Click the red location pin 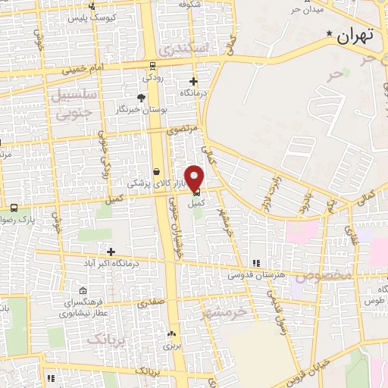point(195,177)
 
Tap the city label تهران point(356,36)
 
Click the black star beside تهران point(328,34)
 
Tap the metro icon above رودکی point(152,65)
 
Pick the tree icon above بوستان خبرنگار point(141,98)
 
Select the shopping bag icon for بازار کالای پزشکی point(156,171)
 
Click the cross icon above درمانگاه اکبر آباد point(111,251)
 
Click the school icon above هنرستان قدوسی point(256,262)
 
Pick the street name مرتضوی point(183,130)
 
